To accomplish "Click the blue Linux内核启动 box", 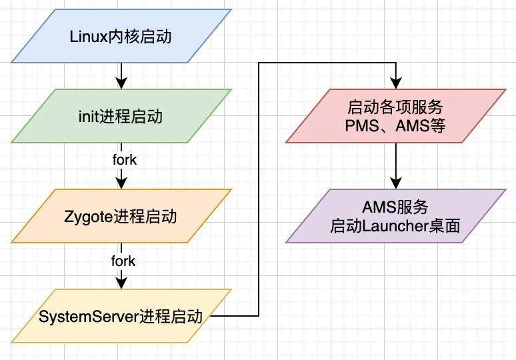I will (x=120, y=36).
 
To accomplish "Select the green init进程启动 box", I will (x=120, y=117).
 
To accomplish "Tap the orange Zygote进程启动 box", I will (x=120, y=216).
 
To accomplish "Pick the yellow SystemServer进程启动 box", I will (x=120, y=316).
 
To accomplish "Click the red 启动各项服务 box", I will (x=396, y=116).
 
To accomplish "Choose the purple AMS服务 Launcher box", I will (x=396, y=216).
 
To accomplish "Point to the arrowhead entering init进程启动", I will (x=121, y=83).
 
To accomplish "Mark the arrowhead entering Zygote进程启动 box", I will (x=121, y=183).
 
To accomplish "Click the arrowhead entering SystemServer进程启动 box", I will (x=121, y=283).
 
